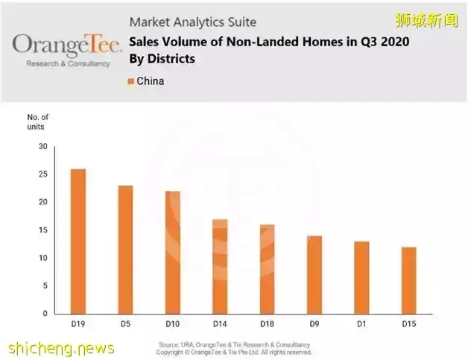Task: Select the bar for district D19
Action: (x=78, y=241)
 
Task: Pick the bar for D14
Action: (x=220, y=266)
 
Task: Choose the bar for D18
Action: (x=267, y=268)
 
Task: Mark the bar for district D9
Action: (x=314, y=274)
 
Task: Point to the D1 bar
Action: (x=361, y=277)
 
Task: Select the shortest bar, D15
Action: (x=408, y=280)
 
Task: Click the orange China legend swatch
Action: (x=131, y=80)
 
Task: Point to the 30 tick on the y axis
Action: (x=42, y=147)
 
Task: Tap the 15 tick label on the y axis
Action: (x=42, y=230)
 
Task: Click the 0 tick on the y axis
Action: (x=45, y=314)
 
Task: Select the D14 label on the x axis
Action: (x=220, y=324)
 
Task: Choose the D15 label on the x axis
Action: (x=408, y=324)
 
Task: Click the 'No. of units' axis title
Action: (x=38, y=121)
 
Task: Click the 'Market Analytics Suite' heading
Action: (x=192, y=22)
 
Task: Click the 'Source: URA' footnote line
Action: (x=235, y=344)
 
